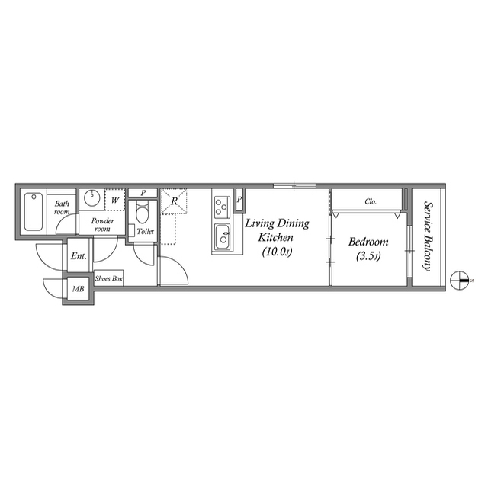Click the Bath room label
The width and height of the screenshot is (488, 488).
[62, 207]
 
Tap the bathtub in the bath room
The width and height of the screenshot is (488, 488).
[34, 211]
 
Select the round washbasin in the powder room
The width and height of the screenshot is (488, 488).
[91, 198]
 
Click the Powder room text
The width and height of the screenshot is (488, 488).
[102, 225]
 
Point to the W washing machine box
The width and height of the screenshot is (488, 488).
[114, 200]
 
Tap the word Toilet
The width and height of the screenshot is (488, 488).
[145, 231]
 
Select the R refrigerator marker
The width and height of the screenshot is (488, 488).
[175, 201]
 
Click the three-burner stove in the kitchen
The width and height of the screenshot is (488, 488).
[222, 205]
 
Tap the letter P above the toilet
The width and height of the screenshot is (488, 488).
[143, 193]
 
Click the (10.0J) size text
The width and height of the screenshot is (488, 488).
[277, 251]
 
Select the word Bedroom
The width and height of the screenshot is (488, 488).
[368, 242]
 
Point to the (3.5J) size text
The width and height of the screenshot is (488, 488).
[369, 257]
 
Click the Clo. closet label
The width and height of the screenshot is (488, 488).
[371, 202]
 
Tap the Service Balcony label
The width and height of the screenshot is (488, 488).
[428, 236]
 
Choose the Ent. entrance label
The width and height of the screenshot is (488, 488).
[79, 256]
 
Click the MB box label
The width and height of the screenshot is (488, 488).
[77, 291]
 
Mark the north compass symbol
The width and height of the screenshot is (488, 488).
[461, 281]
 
